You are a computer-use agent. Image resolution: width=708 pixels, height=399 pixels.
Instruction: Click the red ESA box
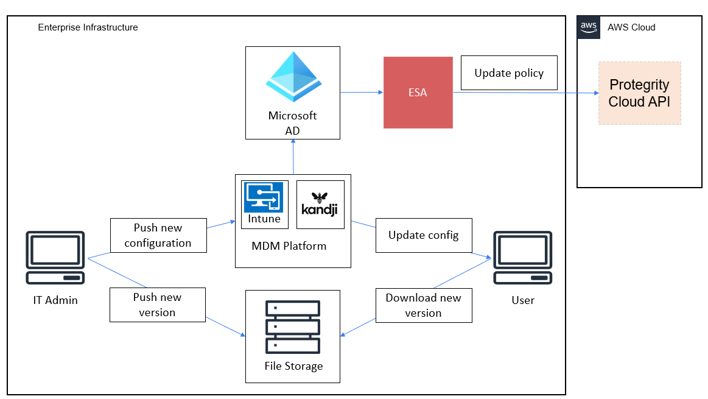tap(418, 93)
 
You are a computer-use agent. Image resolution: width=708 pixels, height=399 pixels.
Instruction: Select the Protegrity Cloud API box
tap(639, 93)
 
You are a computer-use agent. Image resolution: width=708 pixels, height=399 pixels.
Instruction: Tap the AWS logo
tap(588, 27)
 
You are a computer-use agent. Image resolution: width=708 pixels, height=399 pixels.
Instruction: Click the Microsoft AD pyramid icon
tap(293, 77)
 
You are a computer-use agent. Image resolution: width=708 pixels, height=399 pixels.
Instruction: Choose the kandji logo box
tap(320, 204)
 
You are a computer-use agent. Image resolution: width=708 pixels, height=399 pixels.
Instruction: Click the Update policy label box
tap(509, 73)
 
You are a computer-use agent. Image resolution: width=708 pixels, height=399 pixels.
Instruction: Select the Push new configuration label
tap(158, 235)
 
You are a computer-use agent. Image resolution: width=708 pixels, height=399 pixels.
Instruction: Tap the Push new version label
tap(158, 305)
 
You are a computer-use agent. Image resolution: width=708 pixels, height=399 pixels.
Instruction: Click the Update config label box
tap(423, 235)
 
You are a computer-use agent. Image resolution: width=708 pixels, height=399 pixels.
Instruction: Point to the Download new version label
tap(423, 305)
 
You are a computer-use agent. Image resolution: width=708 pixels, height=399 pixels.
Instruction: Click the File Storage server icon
tap(293, 328)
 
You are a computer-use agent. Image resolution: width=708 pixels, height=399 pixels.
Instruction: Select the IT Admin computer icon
tap(55, 258)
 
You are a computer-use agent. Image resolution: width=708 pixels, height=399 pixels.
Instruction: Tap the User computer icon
tap(522, 258)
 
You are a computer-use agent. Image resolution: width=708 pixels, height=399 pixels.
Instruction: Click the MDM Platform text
tap(289, 246)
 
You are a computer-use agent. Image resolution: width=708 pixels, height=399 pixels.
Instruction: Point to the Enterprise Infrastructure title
tap(88, 27)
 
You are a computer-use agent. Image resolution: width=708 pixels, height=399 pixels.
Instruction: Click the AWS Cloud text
tap(631, 27)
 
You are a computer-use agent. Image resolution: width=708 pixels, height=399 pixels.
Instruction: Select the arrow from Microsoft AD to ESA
tap(361, 93)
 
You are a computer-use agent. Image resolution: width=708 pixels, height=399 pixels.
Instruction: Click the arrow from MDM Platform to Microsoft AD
tap(293, 157)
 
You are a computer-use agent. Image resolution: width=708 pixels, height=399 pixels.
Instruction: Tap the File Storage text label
tap(293, 366)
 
